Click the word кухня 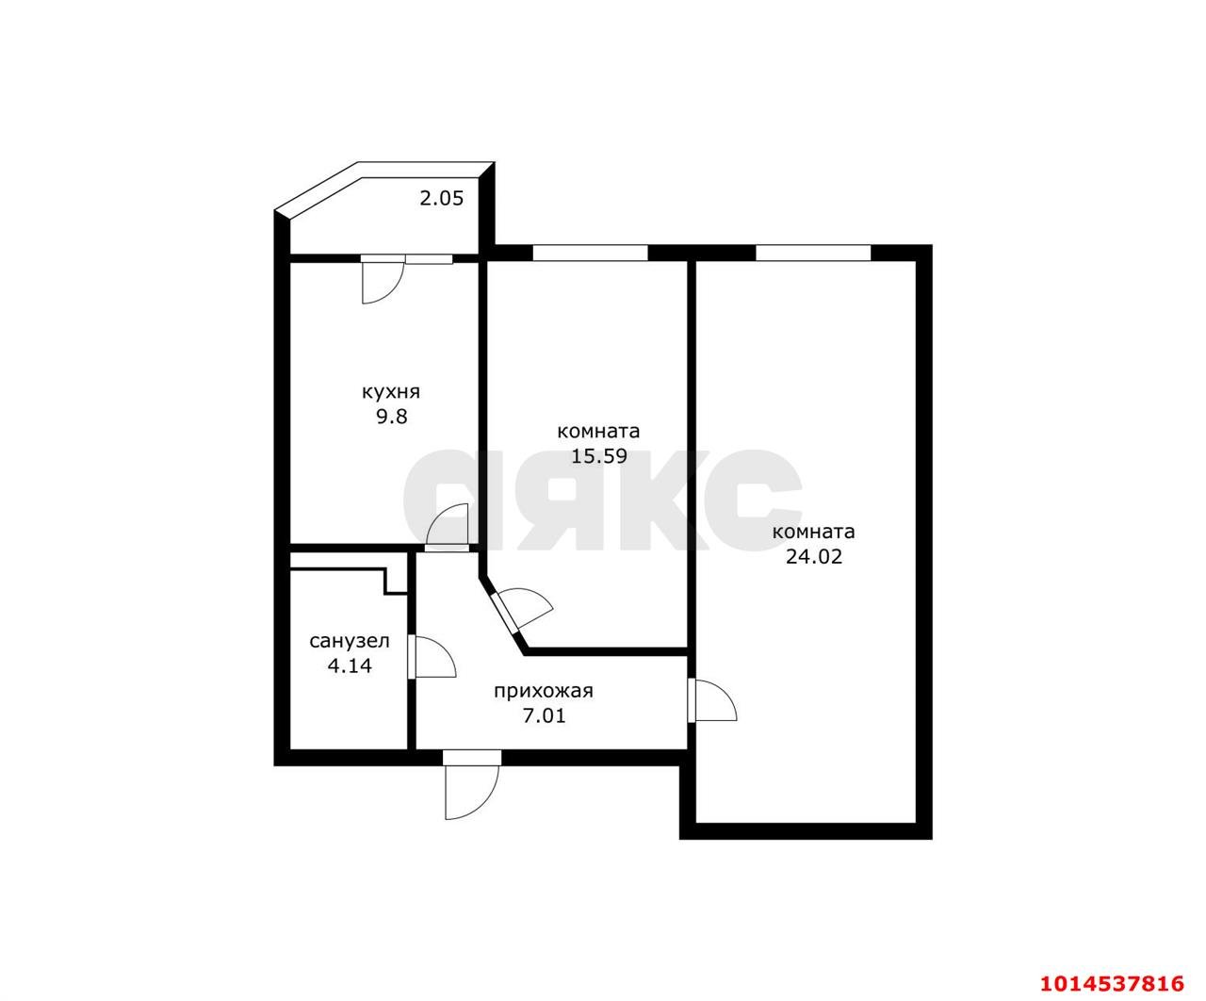(x=391, y=392)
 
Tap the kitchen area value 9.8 (x=391, y=417)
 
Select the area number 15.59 (x=598, y=457)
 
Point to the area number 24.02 (x=813, y=556)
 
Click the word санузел (x=349, y=642)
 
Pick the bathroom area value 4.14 (x=349, y=666)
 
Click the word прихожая (x=544, y=691)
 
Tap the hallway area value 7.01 (x=544, y=715)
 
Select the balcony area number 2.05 (x=441, y=198)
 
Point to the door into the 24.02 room (x=712, y=699)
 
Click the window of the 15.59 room (x=590, y=252)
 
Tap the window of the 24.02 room (x=812, y=252)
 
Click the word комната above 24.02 (x=813, y=532)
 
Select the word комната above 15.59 (x=598, y=432)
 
